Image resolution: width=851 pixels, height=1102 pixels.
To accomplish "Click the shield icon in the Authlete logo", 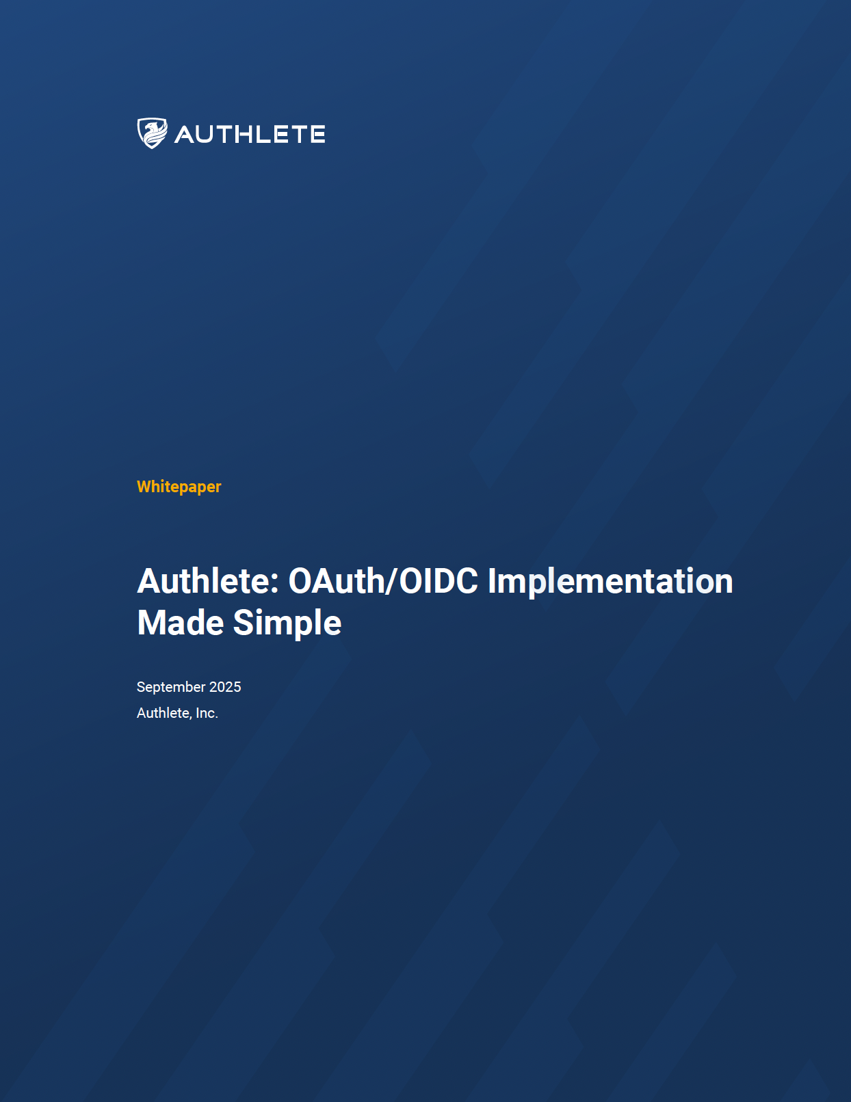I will point(152,133).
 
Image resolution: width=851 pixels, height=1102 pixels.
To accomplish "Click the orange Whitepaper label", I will point(179,487).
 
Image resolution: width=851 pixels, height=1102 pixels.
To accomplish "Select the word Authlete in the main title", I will point(203,581).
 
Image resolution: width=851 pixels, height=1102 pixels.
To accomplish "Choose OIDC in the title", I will point(438,581).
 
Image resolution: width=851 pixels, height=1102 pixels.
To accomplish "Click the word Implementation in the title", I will point(610,581).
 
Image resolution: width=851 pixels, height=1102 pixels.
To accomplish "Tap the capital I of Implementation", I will point(492,581).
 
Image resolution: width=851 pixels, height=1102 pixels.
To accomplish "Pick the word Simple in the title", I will point(287,623).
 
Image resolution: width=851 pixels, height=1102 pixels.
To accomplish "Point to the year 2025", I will point(225,687).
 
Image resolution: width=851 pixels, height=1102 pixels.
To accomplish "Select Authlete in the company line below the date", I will point(163,713).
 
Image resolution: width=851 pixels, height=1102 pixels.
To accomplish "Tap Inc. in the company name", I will point(207,713).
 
